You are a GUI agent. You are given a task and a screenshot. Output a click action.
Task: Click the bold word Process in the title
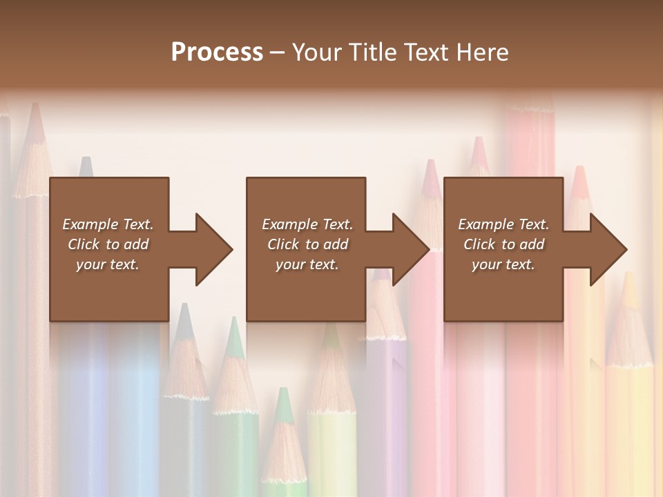(217, 52)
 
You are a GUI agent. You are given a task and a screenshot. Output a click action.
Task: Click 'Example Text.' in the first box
(108, 224)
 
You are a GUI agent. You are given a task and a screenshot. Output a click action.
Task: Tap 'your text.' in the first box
(108, 264)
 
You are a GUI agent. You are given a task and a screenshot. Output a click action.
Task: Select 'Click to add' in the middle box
(307, 244)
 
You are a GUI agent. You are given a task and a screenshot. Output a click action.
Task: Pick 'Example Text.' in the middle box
(307, 224)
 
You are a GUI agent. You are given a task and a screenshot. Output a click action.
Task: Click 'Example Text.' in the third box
(503, 224)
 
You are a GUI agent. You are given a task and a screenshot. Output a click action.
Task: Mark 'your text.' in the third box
(503, 264)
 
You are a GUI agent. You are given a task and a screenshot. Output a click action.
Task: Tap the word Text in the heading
(424, 52)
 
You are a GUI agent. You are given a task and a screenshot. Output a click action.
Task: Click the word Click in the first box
(84, 244)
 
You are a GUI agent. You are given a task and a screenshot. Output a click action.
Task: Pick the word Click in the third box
(479, 244)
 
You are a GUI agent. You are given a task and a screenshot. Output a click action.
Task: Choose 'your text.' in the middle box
(307, 264)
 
